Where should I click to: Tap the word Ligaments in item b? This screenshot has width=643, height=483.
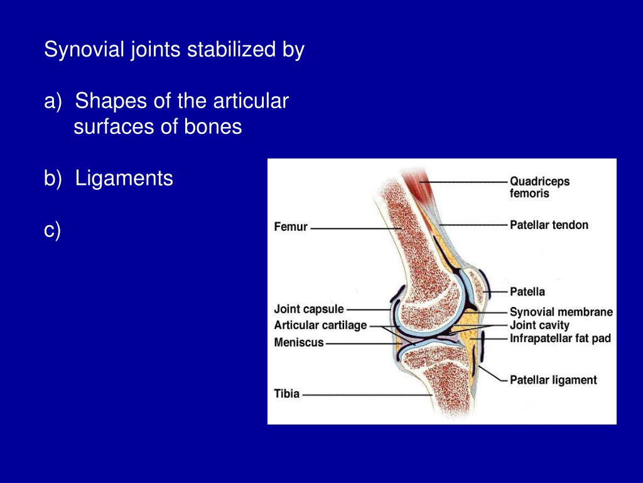pos(124,179)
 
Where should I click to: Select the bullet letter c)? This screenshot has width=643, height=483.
pos(52,231)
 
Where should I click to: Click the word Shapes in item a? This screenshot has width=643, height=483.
pos(110,101)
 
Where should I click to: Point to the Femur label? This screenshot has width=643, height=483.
pos(291,226)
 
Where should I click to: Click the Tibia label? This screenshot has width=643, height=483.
pos(287,394)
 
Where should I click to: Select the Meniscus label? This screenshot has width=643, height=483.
pos(298,343)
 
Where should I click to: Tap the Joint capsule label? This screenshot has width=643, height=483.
pos(308,309)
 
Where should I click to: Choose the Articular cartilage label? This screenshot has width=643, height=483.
pos(320,325)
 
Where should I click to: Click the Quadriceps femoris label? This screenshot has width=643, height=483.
pos(539,187)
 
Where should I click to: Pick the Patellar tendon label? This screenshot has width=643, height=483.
pos(549,225)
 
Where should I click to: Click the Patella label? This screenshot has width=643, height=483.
pos(527,292)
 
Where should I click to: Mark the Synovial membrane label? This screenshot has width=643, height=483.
pos(561,312)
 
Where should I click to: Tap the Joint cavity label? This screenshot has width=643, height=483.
pos(539,325)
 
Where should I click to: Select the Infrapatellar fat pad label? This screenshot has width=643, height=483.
pos(559,338)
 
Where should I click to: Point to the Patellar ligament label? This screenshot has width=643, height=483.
pos(553,380)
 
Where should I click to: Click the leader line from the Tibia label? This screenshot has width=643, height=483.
pos(364,395)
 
